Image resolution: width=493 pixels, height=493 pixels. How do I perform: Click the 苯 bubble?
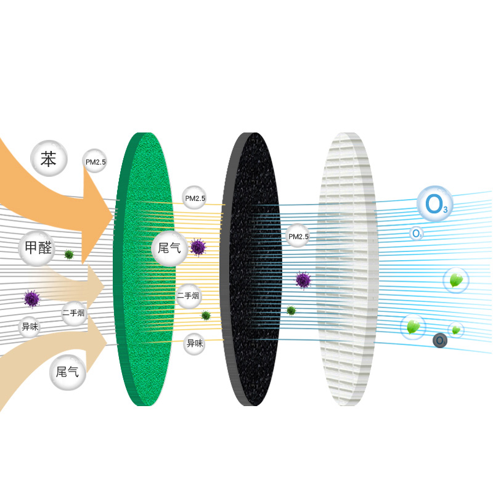[x=48, y=160]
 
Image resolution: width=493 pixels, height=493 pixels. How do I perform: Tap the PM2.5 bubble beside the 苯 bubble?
[x=95, y=161]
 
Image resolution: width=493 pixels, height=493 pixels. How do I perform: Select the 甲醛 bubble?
[x=36, y=249]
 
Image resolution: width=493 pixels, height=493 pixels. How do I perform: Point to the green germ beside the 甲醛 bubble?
[x=69, y=254]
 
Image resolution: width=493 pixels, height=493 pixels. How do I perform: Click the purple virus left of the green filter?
[x=31, y=299]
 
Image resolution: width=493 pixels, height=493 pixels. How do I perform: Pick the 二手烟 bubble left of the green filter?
[x=74, y=313]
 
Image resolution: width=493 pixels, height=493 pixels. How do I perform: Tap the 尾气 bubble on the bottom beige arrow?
[x=68, y=372]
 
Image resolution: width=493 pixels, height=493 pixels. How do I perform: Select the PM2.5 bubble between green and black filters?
[x=194, y=198]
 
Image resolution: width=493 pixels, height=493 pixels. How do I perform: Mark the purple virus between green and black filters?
[x=198, y=248]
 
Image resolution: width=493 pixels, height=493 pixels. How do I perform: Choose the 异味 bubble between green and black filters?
[x=195, y=343]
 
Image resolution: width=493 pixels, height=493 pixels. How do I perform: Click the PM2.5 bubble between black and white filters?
[x=298, y=236]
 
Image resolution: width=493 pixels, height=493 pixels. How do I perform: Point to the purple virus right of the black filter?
[x=303, y=280]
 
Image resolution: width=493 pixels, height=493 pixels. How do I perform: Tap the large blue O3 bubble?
[x=435, y=203]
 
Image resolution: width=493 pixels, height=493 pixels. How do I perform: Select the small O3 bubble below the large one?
[x=417, y=234]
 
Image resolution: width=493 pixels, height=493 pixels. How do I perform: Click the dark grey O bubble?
[x=439, y=340]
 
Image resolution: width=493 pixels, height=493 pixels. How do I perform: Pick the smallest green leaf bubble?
[x=456, y=330]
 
